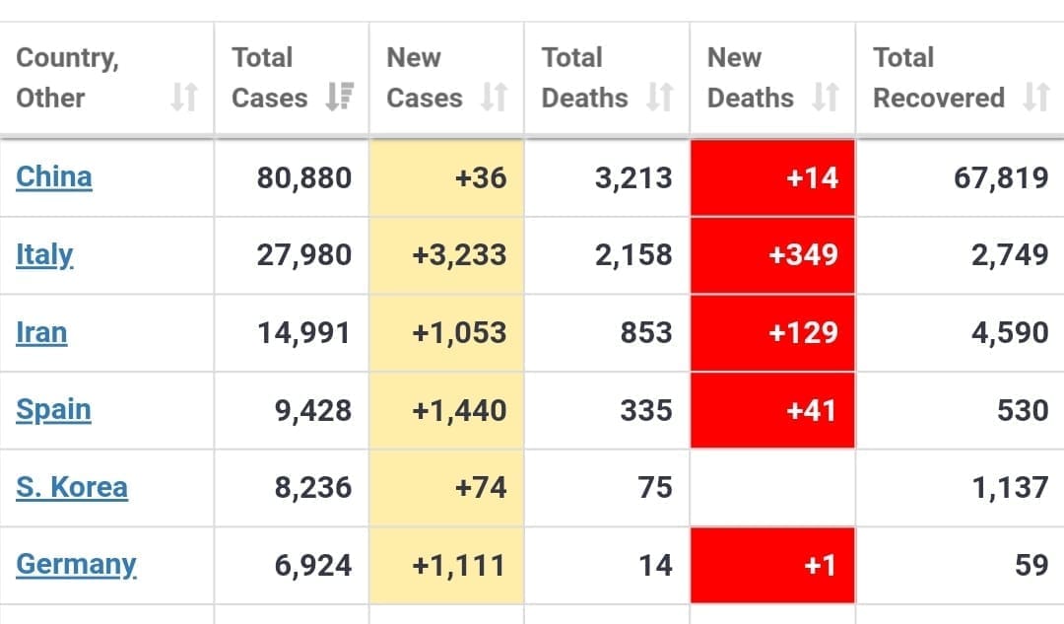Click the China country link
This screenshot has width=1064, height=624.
pos(54,177)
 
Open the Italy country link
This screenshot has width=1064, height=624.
pos(44,255)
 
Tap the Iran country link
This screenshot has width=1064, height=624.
pos(41,333)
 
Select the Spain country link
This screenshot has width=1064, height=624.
pos(53,410)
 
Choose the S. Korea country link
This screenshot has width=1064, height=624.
pos(72,487)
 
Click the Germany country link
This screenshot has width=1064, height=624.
pos(76,565)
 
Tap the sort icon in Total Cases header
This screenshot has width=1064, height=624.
pos(340,98)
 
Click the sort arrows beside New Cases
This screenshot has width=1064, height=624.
pos(494,98)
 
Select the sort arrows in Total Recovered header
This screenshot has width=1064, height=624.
pos(1035,98)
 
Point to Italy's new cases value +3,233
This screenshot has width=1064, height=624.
pos(460,255)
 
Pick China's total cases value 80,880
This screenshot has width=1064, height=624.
pos(304,178)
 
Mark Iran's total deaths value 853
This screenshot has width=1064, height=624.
pos(646,333)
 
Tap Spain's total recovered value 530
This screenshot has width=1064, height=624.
pos(1023,410)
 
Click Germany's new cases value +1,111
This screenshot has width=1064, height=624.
pos(460,566)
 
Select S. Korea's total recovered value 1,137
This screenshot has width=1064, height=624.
pos(1010,488)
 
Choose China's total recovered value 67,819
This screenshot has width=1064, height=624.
pos(1001,178)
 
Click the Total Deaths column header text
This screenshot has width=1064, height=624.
pos(584,78)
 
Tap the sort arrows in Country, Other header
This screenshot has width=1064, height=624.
pos(184,98)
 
